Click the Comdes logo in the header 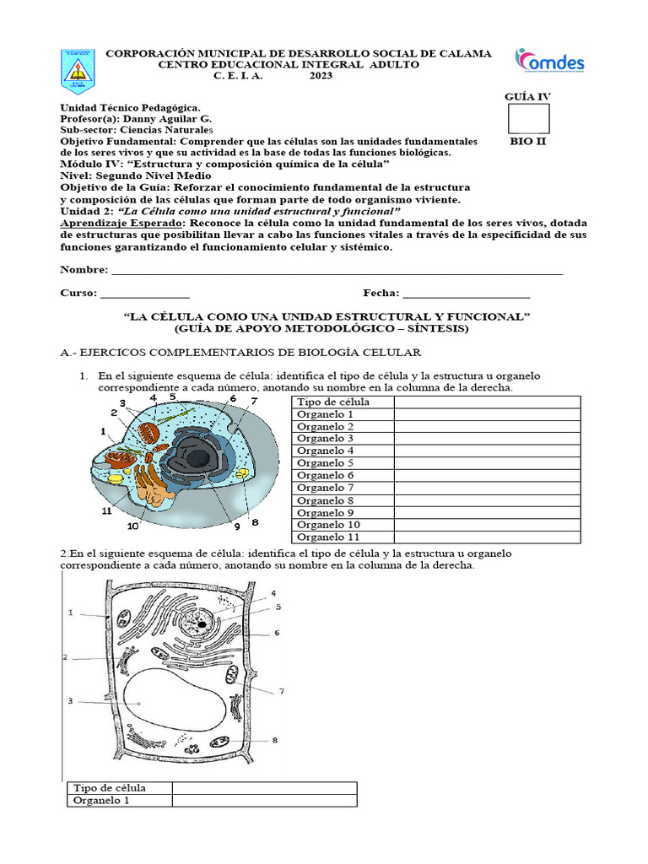(549, 62)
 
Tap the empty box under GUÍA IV (528, 119)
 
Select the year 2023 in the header (321, 76)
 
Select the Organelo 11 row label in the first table (328, 537)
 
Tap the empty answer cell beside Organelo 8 (486, 500)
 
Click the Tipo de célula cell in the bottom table (110, 788)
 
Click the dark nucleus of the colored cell (198, 458)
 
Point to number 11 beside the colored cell (106, 510)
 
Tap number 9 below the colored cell (237, 526)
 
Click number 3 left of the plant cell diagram (71, 701)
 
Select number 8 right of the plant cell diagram (275, 740)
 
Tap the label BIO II (528, 142)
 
